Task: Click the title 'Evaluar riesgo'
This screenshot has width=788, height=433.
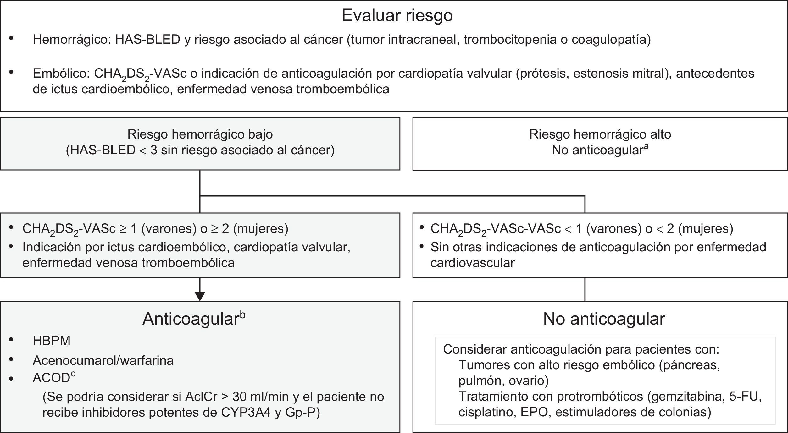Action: [x=397, y=15]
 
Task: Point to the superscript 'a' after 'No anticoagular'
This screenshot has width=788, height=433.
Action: [x=646, y=146]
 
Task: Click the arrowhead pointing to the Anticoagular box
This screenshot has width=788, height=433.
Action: [x=200, y=296]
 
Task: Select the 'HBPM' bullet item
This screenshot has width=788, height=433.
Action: [x=52, y=341]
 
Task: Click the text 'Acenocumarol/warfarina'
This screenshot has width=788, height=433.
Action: [x=103, y=360]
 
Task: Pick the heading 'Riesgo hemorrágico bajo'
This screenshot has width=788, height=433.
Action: [x=200, y=134]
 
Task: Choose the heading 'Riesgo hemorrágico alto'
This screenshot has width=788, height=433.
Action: [x=600, y=134]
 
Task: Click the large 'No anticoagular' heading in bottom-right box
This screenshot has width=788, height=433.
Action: [x=604, y=319]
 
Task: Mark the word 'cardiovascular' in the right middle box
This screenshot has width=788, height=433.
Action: [x=472, y=263]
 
